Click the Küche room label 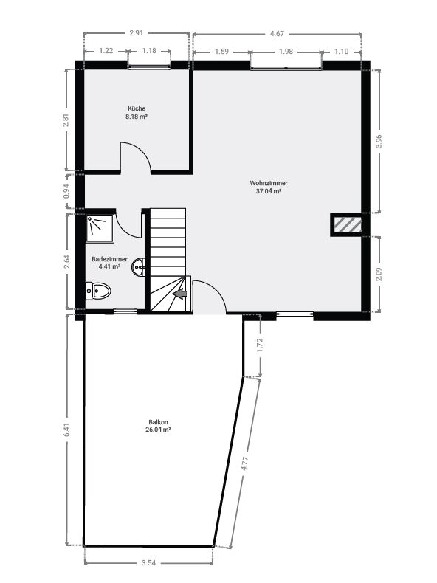click(x=137, y=108)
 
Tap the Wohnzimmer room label click(x=269, y=183)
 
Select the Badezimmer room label click(x=109, y=259)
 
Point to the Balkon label click(x=158, y=422)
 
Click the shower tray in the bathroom click(x=100, y=229)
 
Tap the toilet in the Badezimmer click(x=98, y=290)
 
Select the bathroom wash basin click(x=138, y=266)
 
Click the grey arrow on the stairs click(x=181, y=294)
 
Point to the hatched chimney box click(x=348, y=225)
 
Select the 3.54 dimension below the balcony click(x=148, y=562)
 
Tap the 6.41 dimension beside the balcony click(x=67, y=430)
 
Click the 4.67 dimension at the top click(x=277, y=33)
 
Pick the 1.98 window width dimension click(x=286, y=52)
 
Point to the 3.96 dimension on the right click(x=379, y=141)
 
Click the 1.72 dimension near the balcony click(x=260, y=345)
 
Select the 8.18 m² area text click(x=137, y=117)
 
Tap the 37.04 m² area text click(x=269, y=191)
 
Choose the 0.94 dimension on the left click(x=66, y=191)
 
